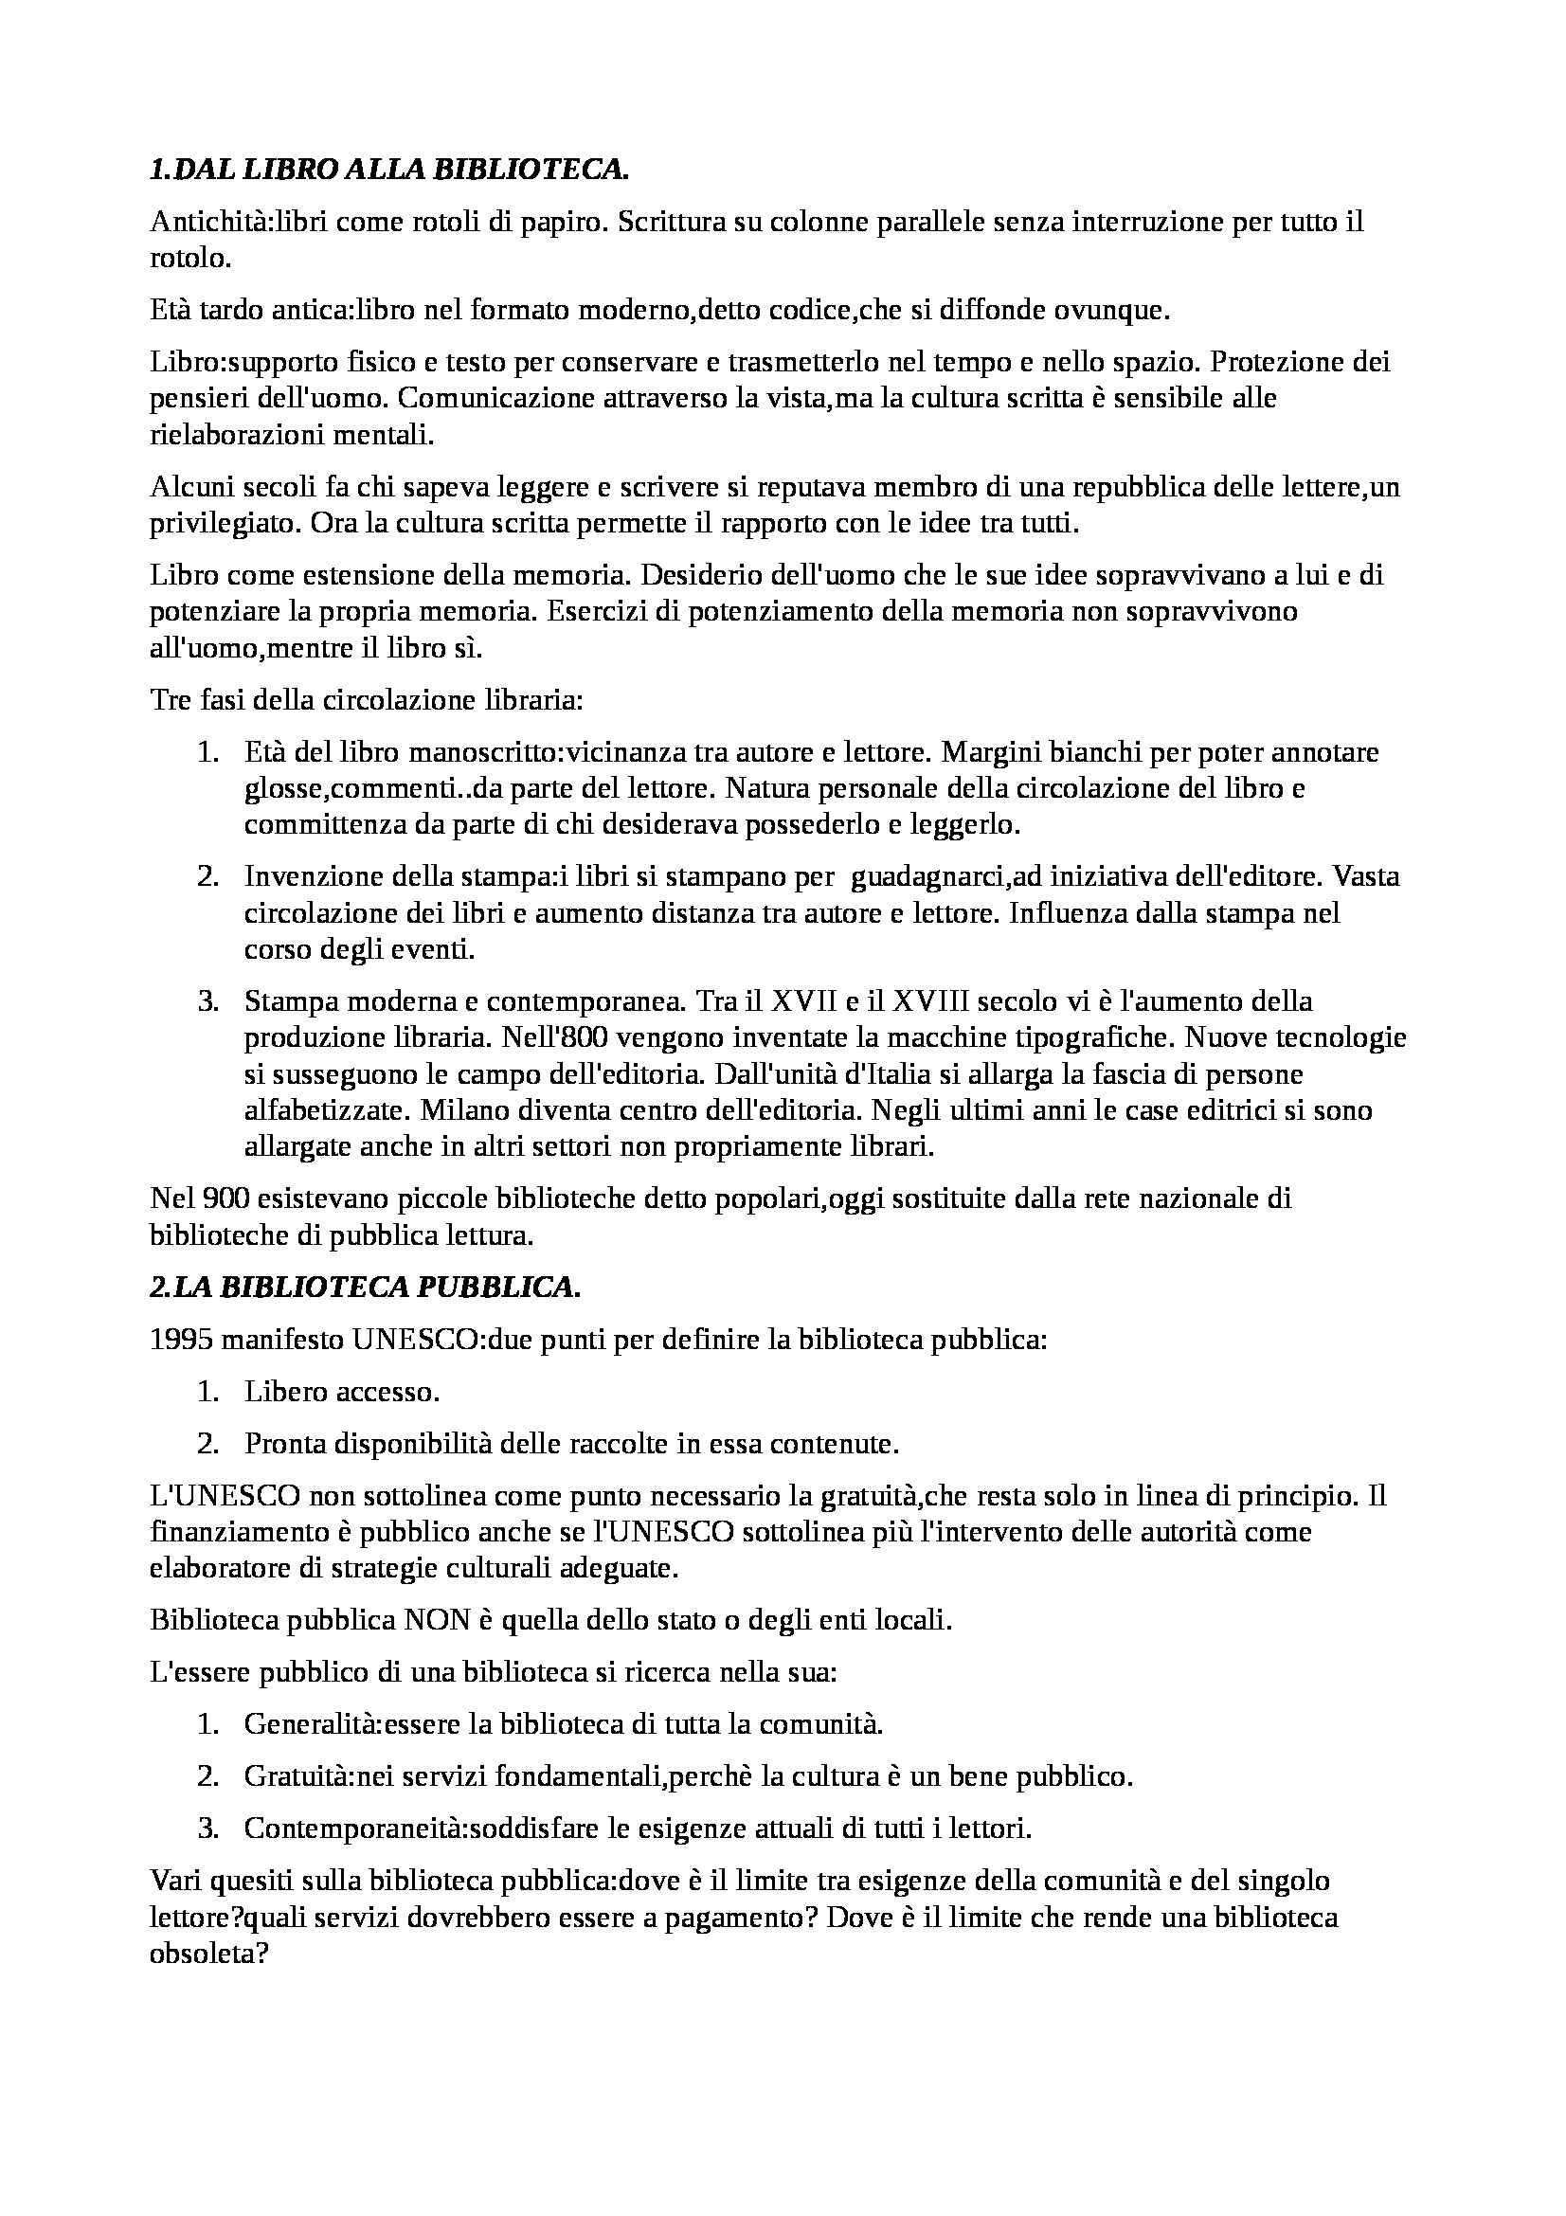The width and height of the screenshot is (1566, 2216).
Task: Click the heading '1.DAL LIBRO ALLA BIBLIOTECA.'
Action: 389,170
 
